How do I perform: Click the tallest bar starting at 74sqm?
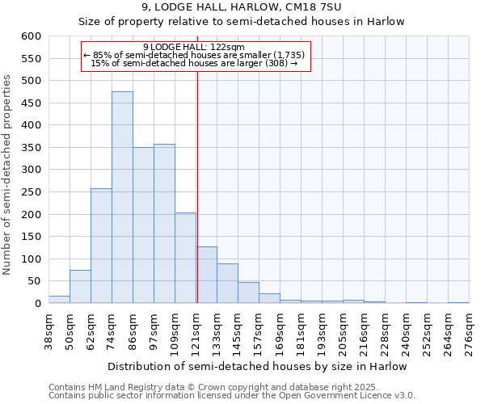point(122,198)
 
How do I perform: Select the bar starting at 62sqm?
point(101,246)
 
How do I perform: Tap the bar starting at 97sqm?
point(164,224)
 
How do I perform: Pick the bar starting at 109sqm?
point(185,259)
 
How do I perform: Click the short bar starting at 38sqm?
point(59,300)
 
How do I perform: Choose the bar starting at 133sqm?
point(227,284)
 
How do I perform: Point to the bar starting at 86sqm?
point(143,225)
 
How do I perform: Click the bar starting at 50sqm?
point(80,287)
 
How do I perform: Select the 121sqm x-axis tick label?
point(196,333)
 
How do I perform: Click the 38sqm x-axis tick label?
point(48,333)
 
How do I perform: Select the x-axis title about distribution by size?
point(257,366)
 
